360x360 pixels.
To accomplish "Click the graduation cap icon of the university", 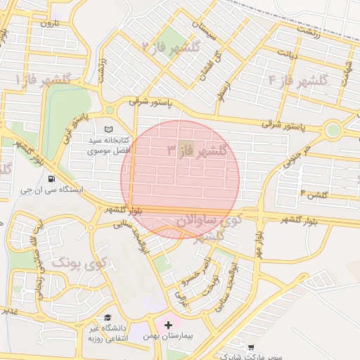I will [x=108, y=318].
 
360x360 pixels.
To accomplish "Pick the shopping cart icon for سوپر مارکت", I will [x=252, y=347].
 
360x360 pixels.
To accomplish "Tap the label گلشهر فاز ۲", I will [x=171, y=47].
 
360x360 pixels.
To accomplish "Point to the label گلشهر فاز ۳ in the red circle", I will [x=198, y=150].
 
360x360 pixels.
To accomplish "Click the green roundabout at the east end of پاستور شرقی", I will [x=333, y=130].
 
